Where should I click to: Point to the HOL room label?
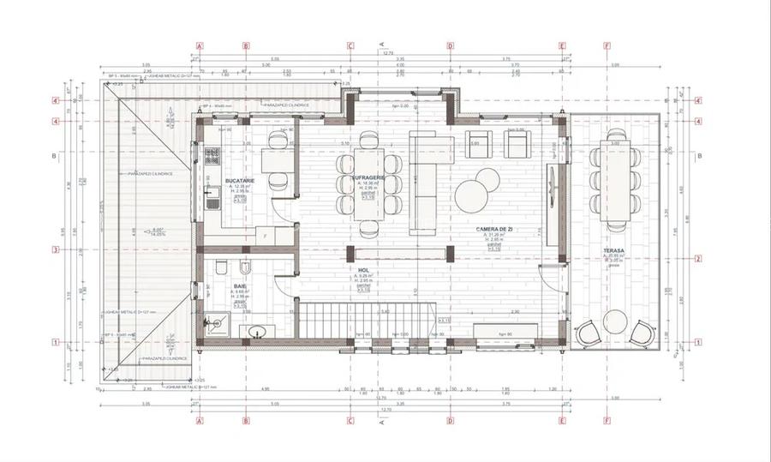(364, 268)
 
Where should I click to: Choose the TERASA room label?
(613, 252)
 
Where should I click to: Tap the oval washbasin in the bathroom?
(256, 333)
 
